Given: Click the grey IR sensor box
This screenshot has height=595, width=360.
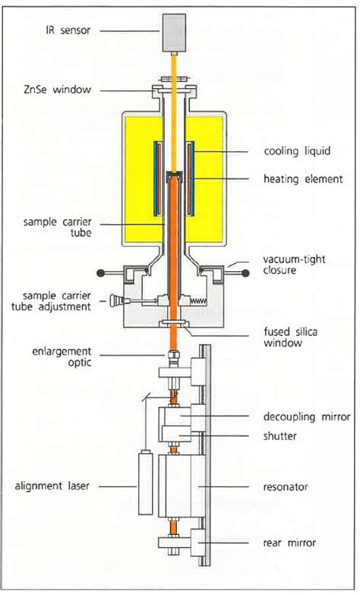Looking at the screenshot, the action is pyautogui.click(x=174, y=33).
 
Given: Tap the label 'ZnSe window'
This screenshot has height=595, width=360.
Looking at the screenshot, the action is pyautogui.click(x=57, y=90).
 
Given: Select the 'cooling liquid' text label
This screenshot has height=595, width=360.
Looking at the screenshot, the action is pyautogui.click(x=297, y=151).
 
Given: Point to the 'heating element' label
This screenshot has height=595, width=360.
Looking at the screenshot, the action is pyautogui.click(x=303, y=179).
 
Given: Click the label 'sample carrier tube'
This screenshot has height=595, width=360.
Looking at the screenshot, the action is pyautogui.click(x=57, y=227).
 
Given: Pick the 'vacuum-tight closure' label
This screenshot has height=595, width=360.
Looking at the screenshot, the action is pyautogui.click(x=294, y=264).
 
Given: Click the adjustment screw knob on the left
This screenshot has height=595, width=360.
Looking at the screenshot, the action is pyautogui.click(x=115, y=300).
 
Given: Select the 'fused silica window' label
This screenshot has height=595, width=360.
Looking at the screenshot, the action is pyautogui.click(x=291, y=337).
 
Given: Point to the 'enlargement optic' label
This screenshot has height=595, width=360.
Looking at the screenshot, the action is pyautogui.click(x=62, y=356).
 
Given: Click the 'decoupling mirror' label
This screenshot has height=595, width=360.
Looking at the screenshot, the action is pyautogui.click(x=307, y=416).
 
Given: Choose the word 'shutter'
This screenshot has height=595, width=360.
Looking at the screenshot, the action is pyautogui.click(x=279, y=435).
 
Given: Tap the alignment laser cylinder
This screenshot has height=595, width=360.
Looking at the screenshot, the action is pyautogui.click(x=145, y=482).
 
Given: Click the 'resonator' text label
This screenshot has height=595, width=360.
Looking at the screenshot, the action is pyautogui.click(x=286, y=486).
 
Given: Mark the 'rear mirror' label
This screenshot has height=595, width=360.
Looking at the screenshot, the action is pyautogui.click(x=289, y=543).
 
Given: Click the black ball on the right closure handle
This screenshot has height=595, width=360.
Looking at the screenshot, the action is pyautogui.click(x=245, y=273).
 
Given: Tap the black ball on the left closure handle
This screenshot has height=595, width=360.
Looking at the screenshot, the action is pyautogui.click(x=101, y=273).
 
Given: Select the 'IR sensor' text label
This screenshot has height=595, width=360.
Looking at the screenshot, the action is pyautogui.click(x=68, y=30).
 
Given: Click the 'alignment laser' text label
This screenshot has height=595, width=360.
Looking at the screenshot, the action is pyautogui.click(x=52, y=486).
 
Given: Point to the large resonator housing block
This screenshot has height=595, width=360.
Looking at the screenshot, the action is pyautogui.click(x=182, y=486).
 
